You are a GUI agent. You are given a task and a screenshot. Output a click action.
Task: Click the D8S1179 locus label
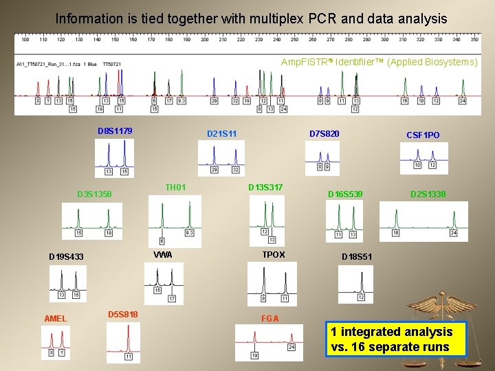coord(115,131)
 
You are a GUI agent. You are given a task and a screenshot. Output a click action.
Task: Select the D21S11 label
coord(222,133)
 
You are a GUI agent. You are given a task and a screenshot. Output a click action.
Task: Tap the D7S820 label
coord(324,133)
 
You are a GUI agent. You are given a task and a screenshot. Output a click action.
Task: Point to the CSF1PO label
coord(423,135)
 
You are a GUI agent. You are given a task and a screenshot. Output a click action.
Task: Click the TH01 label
coord(175,187)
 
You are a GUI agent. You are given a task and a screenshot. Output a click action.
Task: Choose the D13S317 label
coord(265,187)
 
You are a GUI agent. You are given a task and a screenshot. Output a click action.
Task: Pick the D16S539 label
coord(345,194)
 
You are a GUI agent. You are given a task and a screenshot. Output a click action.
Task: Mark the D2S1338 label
coord(428,194)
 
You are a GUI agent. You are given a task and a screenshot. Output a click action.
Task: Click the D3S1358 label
coord(94,194)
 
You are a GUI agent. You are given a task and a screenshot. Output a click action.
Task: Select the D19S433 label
coord(66,257)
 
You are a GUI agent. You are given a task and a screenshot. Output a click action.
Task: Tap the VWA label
coord(163,255)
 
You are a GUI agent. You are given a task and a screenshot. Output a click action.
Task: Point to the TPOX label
coord(274,254)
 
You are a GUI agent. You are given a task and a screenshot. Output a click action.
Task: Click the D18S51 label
coord(357,257)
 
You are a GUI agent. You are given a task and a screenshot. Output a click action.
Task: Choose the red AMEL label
coord(55,318)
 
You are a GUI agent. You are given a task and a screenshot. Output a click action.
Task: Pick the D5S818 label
coord(123,314)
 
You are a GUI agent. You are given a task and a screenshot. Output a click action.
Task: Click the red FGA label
coord(270,318)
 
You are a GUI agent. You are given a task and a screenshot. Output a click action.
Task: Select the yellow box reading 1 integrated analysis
coord(396,339)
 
